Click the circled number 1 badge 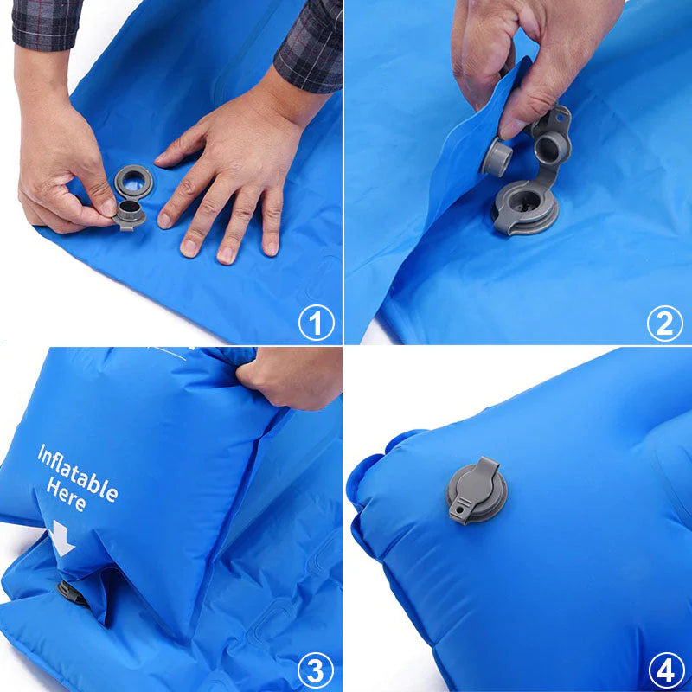[316, 322]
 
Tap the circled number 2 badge [664, 324]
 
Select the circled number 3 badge [315, 671]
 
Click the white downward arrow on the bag [61, 538]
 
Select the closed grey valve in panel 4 [477, 490]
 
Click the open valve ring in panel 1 [133, 182]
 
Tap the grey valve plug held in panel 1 [128, 215]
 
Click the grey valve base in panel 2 [525, 207]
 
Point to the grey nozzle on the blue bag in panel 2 [497, 157]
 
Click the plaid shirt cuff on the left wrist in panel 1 [46, 24]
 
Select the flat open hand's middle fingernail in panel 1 [226, 255]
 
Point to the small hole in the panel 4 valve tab [459, 509]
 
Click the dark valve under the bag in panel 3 [72, 593]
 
